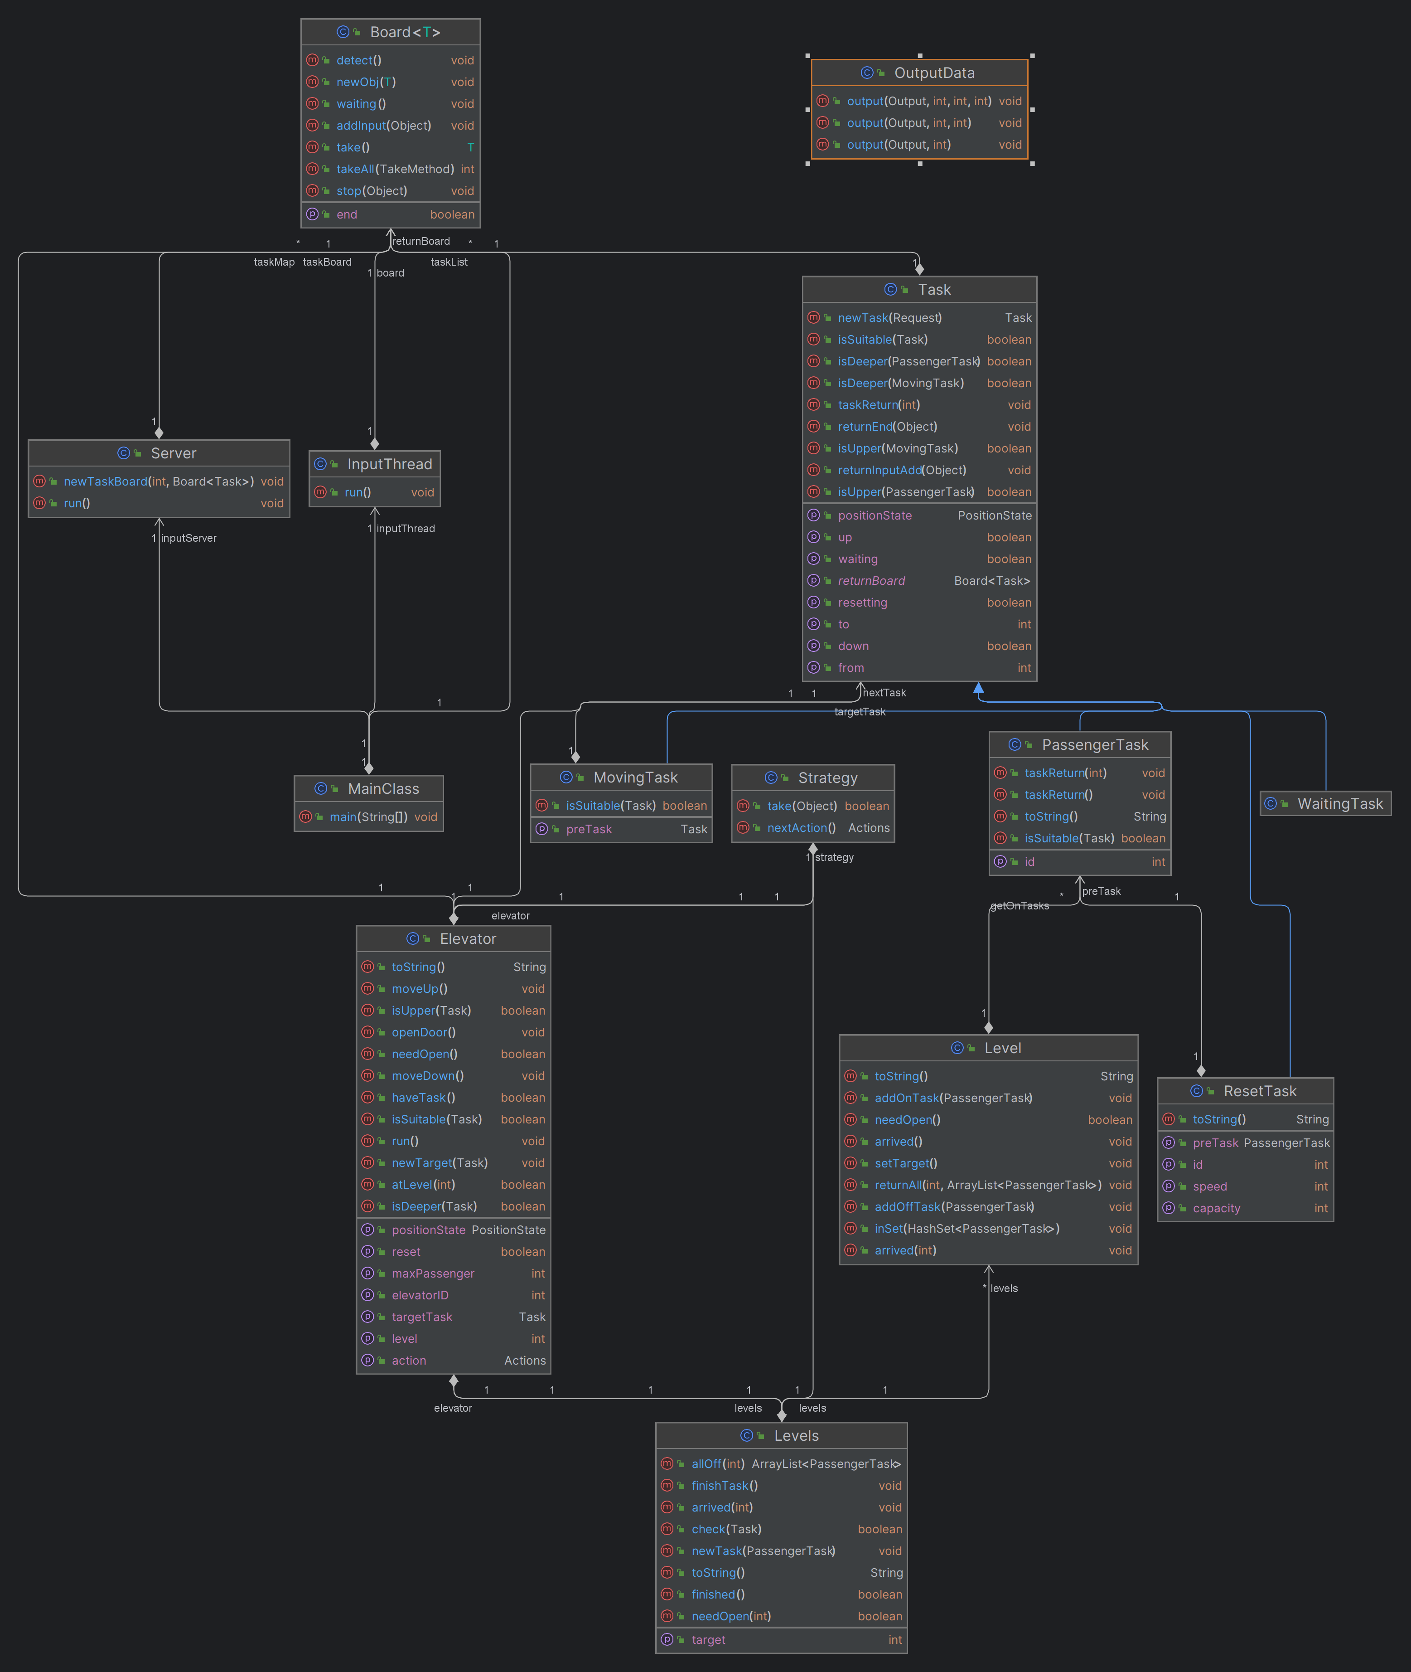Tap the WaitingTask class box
[x=1325, y=803]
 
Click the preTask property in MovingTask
[x=589, y=829]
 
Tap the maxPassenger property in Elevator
[x=433, y=1273]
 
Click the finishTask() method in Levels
[x=724, y=1486]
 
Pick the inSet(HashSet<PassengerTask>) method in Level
[x=966, y=1229]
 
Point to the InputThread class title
[x=390, y=464]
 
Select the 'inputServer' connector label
[x=189, y=538]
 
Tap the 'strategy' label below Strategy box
[x=834, y=857]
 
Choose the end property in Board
[x=346, y=214]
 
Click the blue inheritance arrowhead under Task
[x=978, y=688]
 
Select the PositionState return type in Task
[x=994, y=515]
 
